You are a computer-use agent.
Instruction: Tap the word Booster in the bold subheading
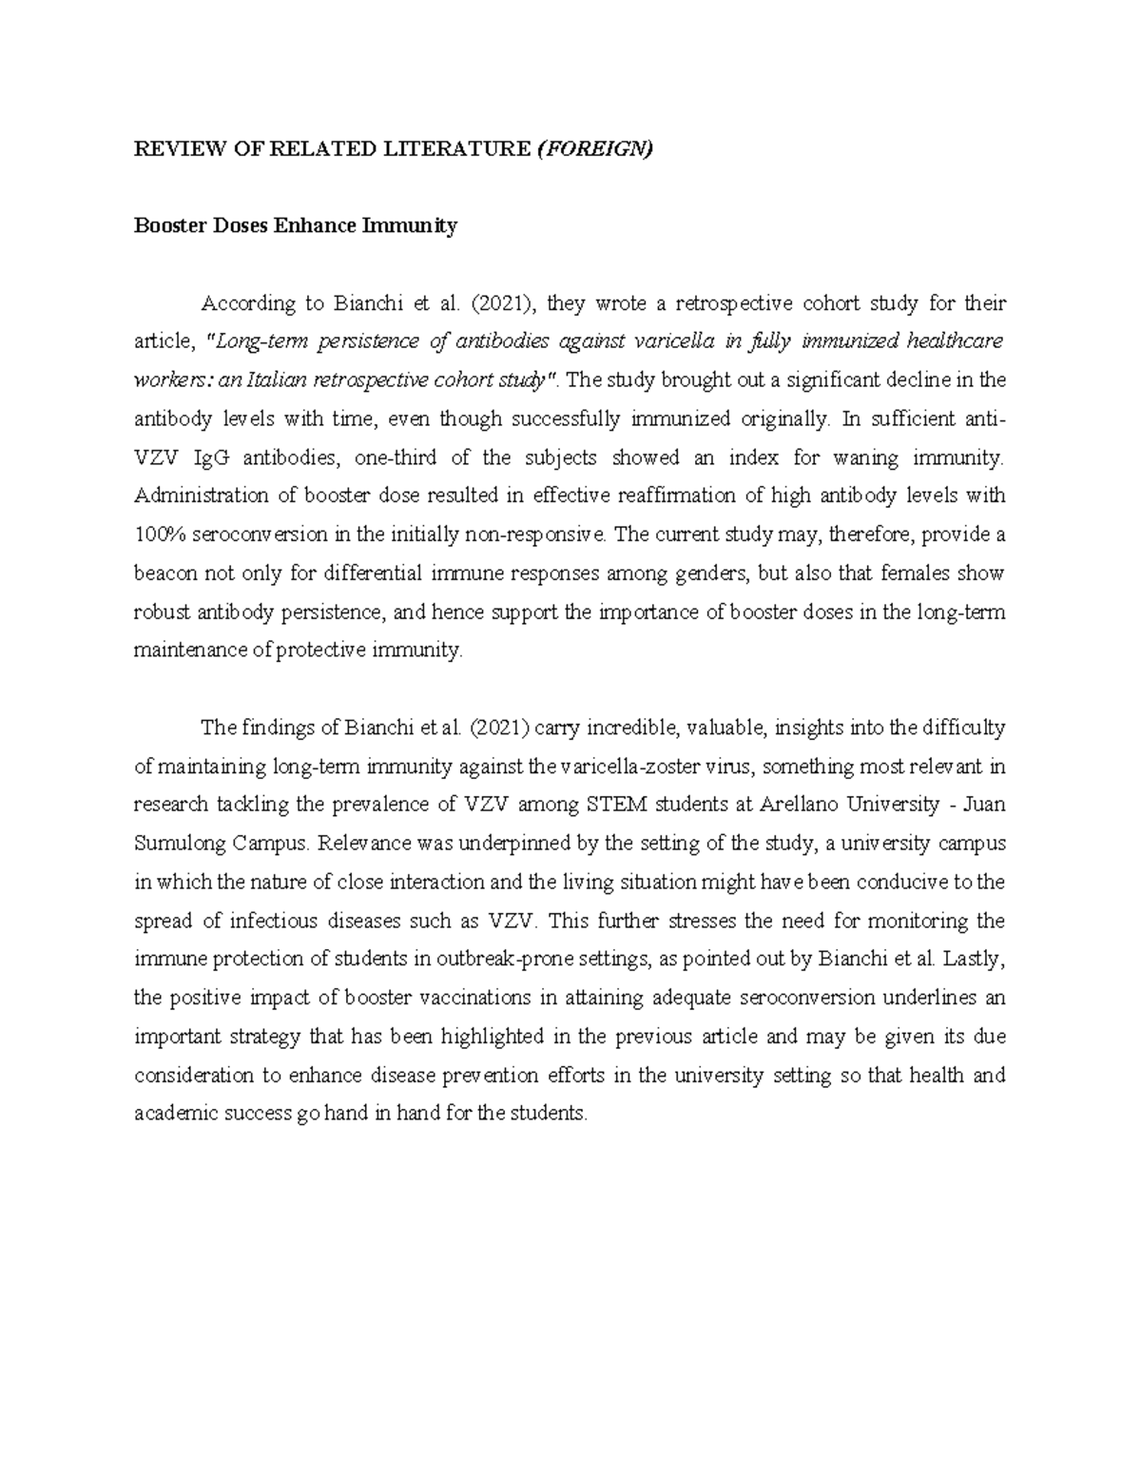[167, 225]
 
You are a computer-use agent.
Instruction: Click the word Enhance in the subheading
[313, 225]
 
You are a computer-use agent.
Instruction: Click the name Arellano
[801, 805]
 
